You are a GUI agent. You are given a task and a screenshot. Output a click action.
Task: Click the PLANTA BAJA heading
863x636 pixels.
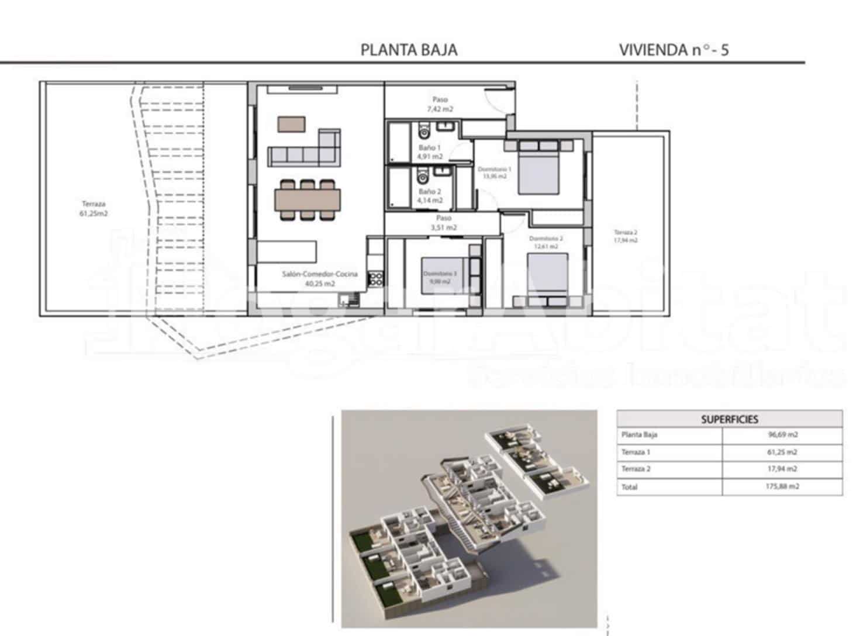(409, 50)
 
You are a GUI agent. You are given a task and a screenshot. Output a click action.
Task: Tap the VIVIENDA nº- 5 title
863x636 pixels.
(674, 50)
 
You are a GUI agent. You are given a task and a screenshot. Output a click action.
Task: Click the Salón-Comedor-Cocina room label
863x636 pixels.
(320, 278)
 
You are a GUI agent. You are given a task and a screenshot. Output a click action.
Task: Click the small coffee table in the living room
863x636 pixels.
(292, 124)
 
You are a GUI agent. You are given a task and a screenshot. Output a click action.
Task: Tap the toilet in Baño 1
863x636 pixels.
(424, 130)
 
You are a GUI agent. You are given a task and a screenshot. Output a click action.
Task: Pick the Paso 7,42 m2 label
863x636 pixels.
(440, 104)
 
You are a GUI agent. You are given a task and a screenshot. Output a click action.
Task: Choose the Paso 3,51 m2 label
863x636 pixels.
(443, 223)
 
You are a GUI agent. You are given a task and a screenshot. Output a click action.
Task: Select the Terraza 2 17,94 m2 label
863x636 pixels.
(625, 236)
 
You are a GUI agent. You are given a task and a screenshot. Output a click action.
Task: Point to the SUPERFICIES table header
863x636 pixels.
(729, 419)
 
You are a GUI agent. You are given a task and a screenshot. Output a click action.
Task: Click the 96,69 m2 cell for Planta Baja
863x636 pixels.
(782, 435)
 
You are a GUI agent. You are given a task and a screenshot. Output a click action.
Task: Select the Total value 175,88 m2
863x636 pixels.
(782, 486)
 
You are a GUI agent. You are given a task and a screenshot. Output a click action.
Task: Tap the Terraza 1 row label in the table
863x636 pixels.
(636, 452)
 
